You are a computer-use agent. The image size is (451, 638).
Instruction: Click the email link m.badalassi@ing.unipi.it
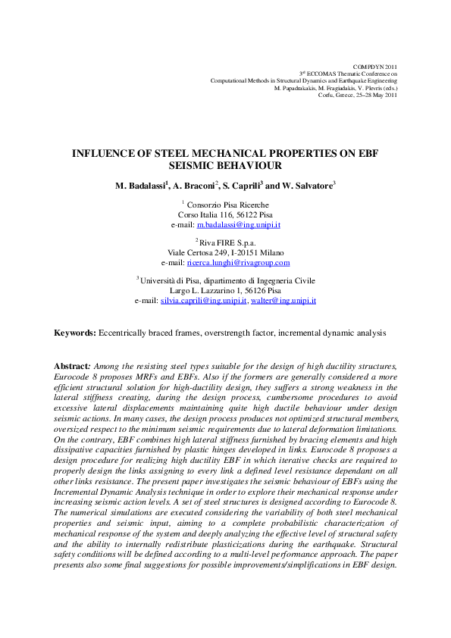239,225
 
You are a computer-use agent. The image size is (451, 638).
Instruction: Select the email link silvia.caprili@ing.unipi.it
204,301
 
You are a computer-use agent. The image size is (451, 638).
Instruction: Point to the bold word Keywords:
74,333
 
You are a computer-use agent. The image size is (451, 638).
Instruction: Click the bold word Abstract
72,366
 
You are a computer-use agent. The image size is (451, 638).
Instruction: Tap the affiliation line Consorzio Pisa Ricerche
227,205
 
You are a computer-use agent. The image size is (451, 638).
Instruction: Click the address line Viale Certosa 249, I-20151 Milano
225,253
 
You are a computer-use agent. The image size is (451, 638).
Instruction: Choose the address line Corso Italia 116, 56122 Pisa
225,215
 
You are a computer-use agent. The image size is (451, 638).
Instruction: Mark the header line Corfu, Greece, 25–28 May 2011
357,95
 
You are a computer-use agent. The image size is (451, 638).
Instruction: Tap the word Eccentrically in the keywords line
122,333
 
